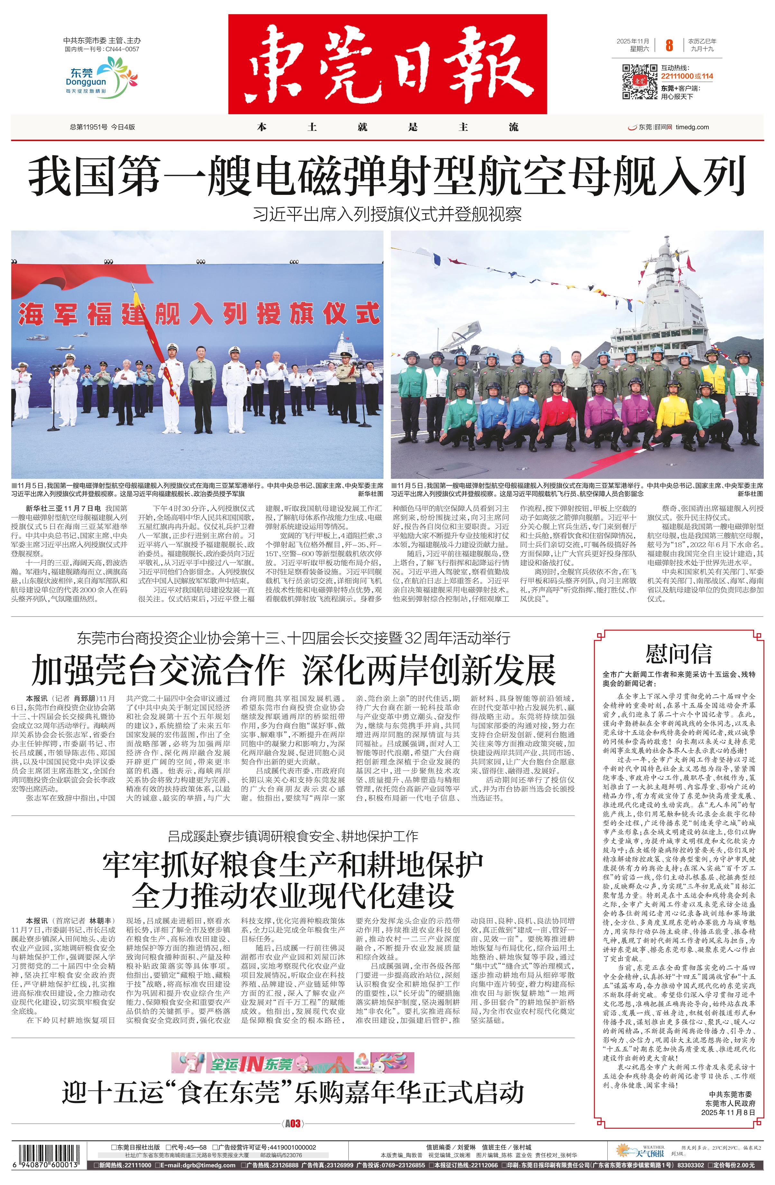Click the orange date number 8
(669, 46)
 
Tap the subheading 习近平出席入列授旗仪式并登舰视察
(387, 214)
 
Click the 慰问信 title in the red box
(678, 653)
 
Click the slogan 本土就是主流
(387, 127)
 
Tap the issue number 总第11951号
(89, 127)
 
